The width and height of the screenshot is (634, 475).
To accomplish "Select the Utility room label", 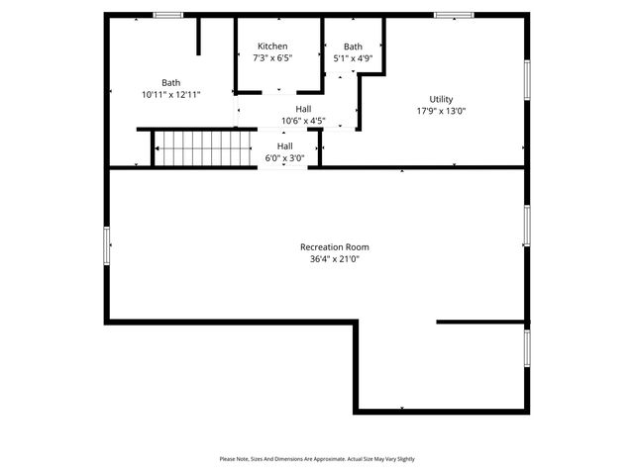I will pyautogui.click(x=441, y=98).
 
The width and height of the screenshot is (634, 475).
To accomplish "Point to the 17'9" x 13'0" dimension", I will pyautogui.click(x=441, y=111).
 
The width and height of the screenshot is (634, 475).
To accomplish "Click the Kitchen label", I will pyautogui.click(x=272, y=47).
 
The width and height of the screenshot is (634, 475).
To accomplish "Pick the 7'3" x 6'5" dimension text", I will pyautogui.click(x=272, y=58).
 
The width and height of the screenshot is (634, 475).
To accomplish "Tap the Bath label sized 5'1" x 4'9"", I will pyautogui.click(x=353, y=47).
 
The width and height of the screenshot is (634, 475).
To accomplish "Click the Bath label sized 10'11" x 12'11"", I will pyautogui.click(x=171, y=82).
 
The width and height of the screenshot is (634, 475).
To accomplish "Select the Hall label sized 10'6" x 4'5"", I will pyautogui.click(x=303, y=108).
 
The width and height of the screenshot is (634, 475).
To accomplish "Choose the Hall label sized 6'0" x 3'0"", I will pyautogui.click(x=284, y=145).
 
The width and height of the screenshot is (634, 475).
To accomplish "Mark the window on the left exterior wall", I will pyautogui.click(x=107, y=246).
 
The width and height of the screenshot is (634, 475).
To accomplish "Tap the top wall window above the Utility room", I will pyautogui.click(x=454, y=15).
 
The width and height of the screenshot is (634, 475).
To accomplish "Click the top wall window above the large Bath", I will pyautogui.click(x=168, y=15).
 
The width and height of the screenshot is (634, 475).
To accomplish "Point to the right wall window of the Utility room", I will pyautogui.click(x=527, y=80).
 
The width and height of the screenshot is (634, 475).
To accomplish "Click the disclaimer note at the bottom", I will pyautogui.click(x=317, y=459).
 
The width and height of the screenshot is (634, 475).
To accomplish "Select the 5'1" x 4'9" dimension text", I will pyautogui.click(x=353, y=58).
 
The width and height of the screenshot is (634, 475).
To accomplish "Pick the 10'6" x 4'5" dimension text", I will pyautogui.click(x=303, y=121).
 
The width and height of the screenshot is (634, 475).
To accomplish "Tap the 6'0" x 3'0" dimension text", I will pyautogui.click(x=284, y=158).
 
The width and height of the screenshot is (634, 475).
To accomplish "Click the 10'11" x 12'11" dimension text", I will pyautogui.click(x=171, y=95).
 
